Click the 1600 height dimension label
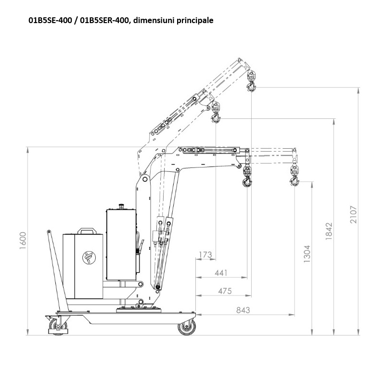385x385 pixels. point(23,240)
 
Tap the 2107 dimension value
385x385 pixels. point(354,214)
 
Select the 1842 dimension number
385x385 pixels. point(329,231)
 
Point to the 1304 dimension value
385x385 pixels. point(307,254)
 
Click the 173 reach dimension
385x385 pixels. point(205,255)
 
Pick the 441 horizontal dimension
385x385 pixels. point(221,273)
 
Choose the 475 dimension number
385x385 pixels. point(225,291)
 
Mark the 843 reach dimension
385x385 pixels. point(243,310)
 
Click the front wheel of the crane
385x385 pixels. point(187,327)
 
